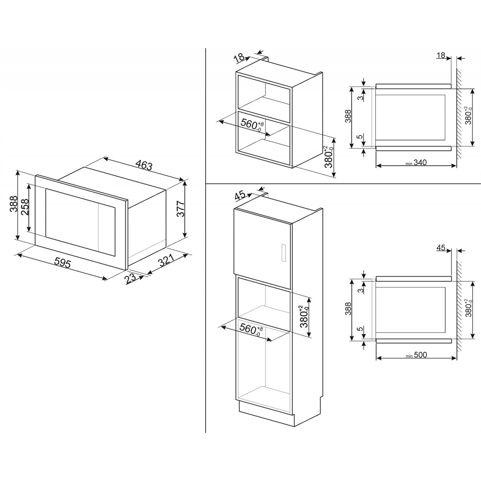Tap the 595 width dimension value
(x=63, y=263)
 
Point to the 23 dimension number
(x=131, y=278)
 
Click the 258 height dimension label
(x=25, y=207)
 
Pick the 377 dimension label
(x=180, y=209)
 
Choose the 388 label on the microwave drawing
(x=14, y=204)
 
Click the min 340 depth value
(x=416, y=162)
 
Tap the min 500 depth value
(x=416, y=355)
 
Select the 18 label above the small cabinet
(x=239, y=58)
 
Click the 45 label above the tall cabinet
(x=240, y=196)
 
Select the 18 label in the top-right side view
(x=441, y=55)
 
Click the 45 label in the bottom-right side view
(x=441, y=248)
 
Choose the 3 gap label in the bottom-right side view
(x=360, y=290)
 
